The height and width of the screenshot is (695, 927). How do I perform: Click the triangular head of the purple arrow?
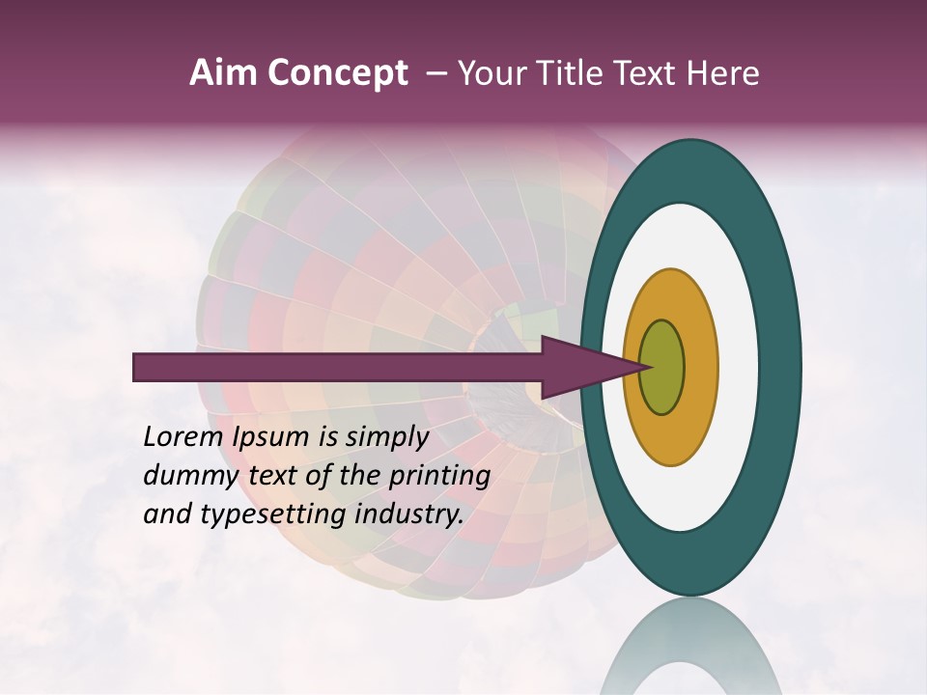(x=579, y=367)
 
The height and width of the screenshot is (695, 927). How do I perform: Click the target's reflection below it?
(x=691, y=647)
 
